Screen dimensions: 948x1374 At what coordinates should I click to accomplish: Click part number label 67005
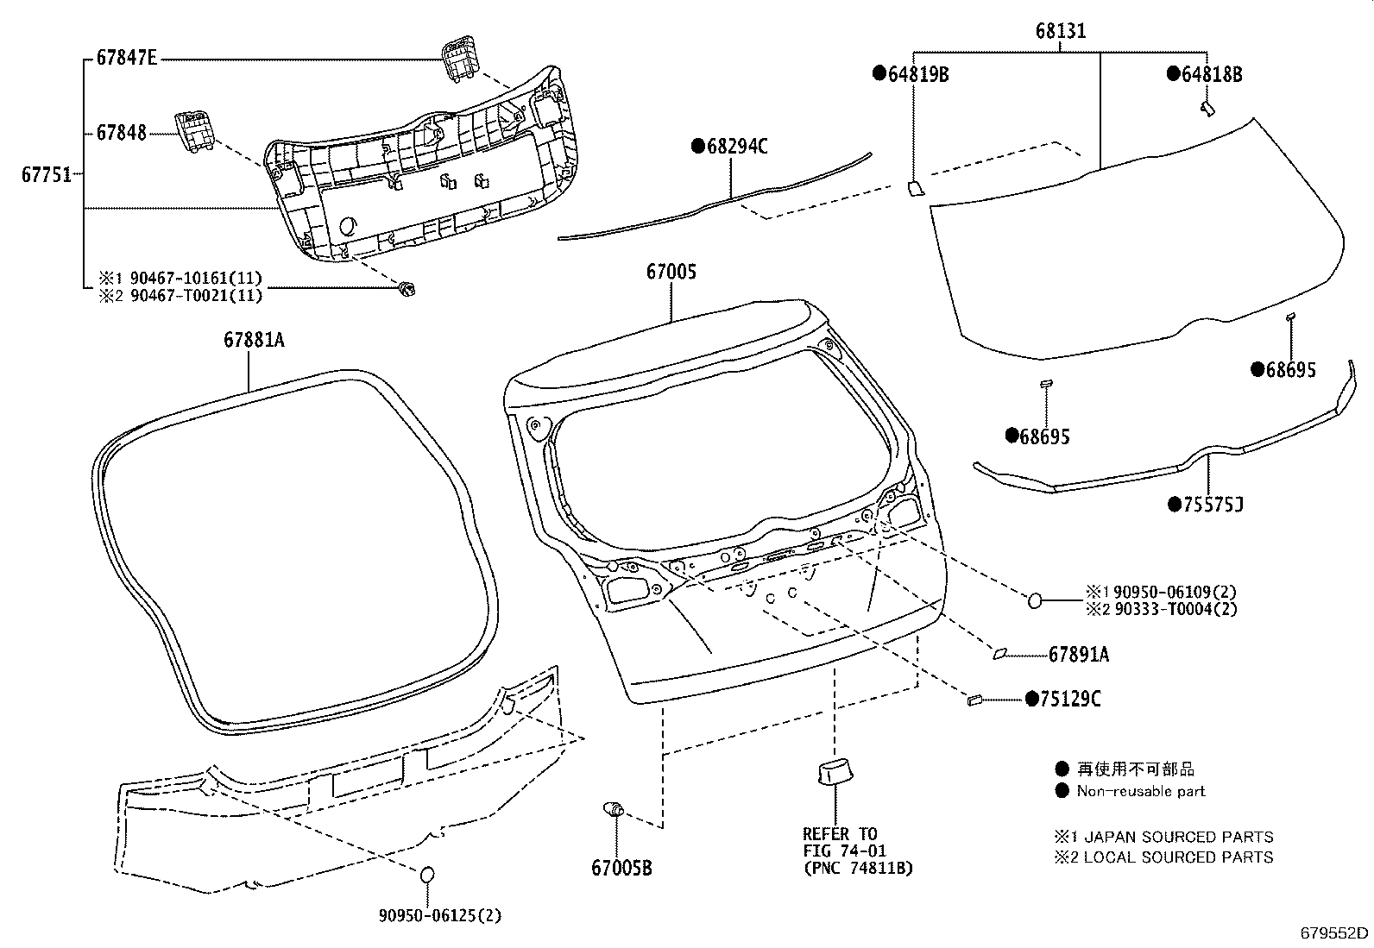[671, 273]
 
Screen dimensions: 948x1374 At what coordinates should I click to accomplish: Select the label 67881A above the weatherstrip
[254, 340]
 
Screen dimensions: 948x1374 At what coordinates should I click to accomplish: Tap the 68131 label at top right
[1061, 32]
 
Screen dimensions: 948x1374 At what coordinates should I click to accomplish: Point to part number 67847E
[126, 59]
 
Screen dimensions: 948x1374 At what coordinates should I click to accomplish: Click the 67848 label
[121, 133]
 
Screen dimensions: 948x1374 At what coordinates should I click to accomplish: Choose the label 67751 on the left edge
[47, 175]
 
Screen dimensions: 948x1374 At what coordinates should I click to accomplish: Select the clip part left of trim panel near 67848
[195, 131]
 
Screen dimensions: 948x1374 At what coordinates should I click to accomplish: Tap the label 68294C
[736, 146]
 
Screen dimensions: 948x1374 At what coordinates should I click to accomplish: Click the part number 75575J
[1212, 505]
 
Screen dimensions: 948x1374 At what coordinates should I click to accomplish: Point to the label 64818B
[1211, 75]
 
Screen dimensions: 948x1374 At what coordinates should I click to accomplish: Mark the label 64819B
[917, 75]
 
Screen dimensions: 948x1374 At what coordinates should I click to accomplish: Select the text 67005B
[621, 867]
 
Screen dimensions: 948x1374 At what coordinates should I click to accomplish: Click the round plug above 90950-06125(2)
[426, 875]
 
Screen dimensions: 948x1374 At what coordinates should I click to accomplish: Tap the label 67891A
[1079, 656]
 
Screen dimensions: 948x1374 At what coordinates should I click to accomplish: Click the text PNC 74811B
[857, 868]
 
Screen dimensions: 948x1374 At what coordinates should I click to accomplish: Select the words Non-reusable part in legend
[1140, 791]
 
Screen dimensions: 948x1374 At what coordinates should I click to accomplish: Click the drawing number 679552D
[1334, 932]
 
